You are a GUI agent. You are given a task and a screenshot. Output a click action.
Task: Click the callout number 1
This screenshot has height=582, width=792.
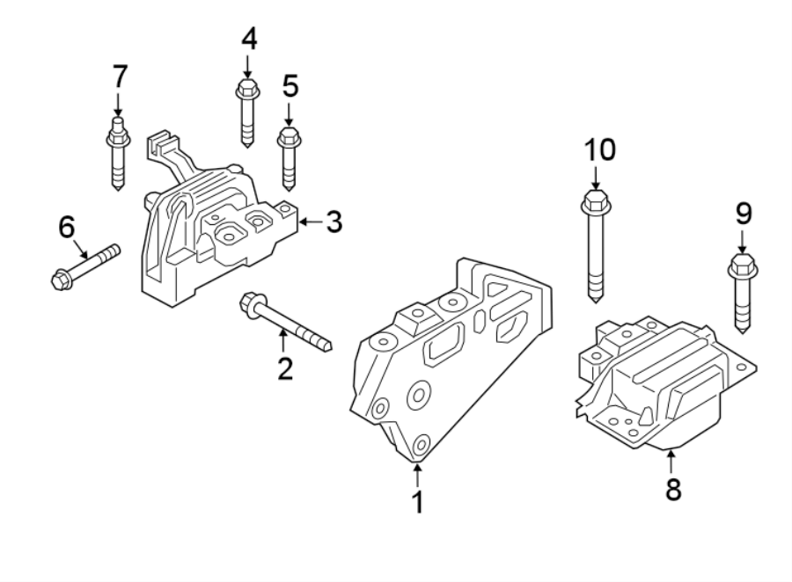417,502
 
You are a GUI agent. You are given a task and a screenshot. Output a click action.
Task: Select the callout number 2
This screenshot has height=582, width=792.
283,367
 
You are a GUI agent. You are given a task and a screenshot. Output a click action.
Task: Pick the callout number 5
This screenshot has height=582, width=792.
290,86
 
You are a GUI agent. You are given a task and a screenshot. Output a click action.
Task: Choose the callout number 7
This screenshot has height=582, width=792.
119,77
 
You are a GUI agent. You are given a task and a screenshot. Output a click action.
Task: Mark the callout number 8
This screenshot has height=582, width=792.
672,489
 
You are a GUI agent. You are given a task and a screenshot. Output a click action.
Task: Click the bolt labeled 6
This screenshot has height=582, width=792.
84,266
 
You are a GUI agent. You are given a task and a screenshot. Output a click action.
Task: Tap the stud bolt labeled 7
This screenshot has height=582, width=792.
117,157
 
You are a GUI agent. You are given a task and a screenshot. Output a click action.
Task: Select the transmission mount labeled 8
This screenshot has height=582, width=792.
660,378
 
